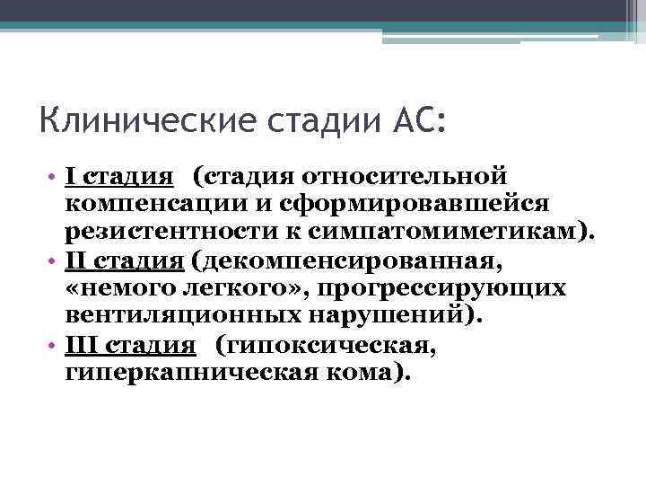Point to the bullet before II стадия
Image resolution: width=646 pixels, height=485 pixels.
[x=55, y=261]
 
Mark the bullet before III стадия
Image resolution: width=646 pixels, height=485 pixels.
[x=55, y=348]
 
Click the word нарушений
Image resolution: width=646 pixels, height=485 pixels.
[x=388, y=317]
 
